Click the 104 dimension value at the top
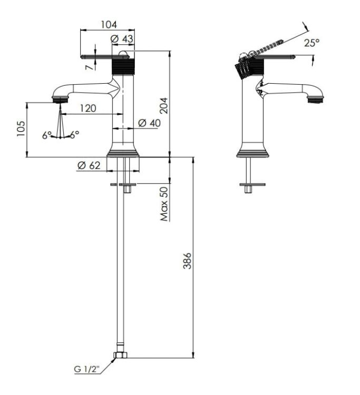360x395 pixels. tap(109, 25)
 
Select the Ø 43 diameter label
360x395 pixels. tap(122, 39)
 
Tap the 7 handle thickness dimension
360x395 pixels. tap(88, 67)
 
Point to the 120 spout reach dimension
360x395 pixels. tap(88, 108)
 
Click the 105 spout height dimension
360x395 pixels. tap(21, 129)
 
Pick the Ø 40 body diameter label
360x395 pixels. tap(150, 123)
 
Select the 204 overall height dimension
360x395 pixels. tap(163, 105)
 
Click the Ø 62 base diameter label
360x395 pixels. tap(89, 165)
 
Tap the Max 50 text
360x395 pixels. tap(164, 204)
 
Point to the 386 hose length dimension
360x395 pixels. tap(187, 261)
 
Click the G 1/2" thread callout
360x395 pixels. tap(87, 369)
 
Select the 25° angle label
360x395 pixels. tap(312, 43)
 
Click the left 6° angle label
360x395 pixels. tap(46, 135)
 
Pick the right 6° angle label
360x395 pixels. tap(74, 134)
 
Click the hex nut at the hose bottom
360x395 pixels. tap(121, 355)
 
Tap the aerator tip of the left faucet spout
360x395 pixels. tap(60, 99)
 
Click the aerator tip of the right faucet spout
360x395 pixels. tap(315, 99)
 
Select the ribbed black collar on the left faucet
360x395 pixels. tap(123, 66)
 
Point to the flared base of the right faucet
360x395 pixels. tap(252, 151)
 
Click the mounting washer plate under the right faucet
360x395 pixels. tap(252, 184)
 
